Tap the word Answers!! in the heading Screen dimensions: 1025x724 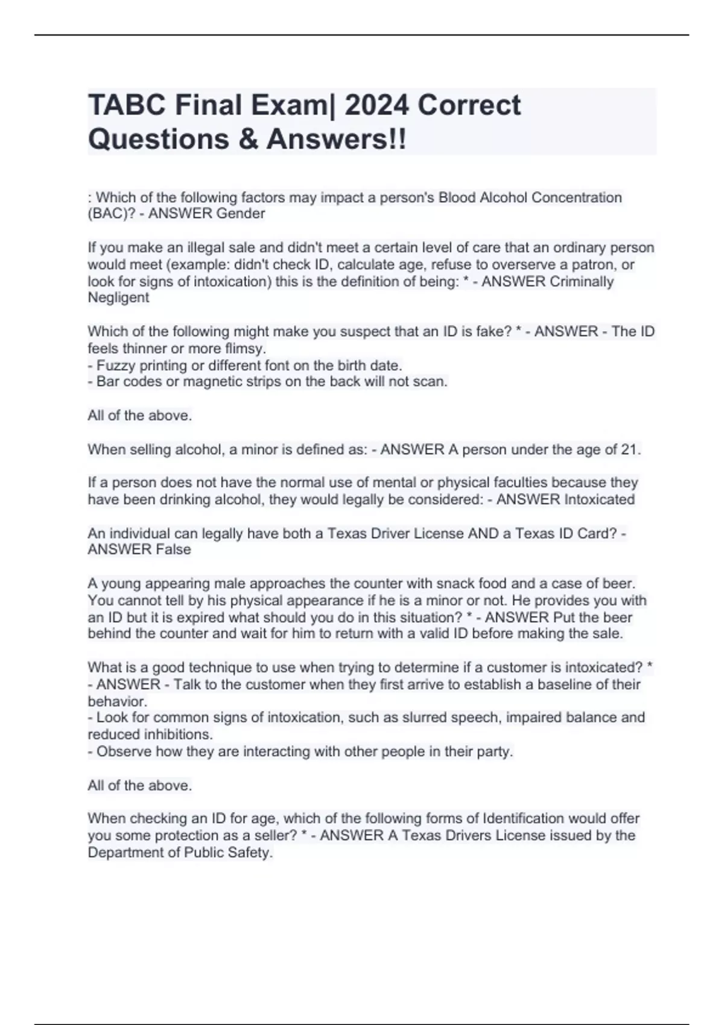336,139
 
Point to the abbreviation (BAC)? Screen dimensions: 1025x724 112,213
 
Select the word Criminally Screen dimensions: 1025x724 582,282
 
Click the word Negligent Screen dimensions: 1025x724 118,297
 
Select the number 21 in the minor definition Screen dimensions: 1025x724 629,450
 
